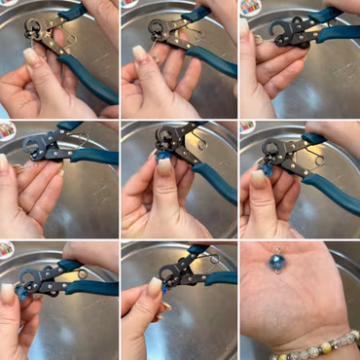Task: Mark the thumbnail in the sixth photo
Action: pos(259,178)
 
